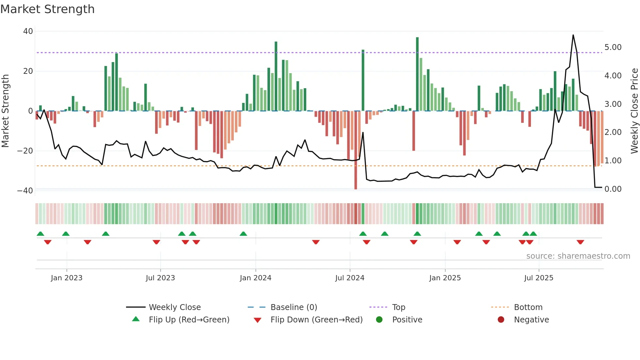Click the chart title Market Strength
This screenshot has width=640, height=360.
pyautogui.click(x=47, y=9)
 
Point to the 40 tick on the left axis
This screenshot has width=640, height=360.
pyautogui.click(x=28, y=31)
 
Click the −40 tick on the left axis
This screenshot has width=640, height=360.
pyautogui.click(x=25, y=191)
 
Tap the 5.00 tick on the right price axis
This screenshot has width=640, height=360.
pyautogui.click(x=613, y=47)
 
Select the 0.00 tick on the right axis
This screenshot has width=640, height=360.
pyautogui.click(x=613, y=189)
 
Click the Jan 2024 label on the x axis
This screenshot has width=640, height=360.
pyautogui.click(x=255, y=278)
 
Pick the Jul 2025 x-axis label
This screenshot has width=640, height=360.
pyautogui.click(x=538, y=278)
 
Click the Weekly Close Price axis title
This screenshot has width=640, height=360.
pyautogui.click(x=634, y=111)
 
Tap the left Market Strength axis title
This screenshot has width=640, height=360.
pyautogui.click(x=6, y=111)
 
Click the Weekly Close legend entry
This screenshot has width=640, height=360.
pyautogui.click(x=175, y=307)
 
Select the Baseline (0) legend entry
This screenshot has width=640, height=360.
pyautogui.click(x=294, y=307)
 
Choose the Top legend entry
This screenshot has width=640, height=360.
pyautogui.click(x=398, y=307)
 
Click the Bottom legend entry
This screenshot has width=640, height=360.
pyautogui.click(x=528, y=307)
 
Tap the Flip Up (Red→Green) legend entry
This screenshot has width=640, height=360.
pyautogui.click(x=189, y=320)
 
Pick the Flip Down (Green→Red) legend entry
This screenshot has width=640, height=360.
pyautogui.click(x=316, y=320)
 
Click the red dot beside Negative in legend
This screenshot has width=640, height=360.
pyautogui.click(x=501, y=319)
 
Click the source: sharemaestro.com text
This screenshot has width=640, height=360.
pyautogui.click(x=578, y=256)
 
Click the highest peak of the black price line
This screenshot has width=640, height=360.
pyautogui.click(x=573, y=35)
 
